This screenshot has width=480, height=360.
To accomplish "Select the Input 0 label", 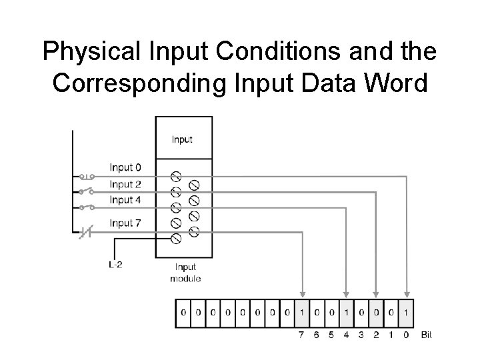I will [x=125, y=167].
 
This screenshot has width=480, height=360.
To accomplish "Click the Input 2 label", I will [x=125, y=184].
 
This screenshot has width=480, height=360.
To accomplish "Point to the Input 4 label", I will [x=125, y=200].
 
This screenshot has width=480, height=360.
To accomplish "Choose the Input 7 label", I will [x=125, y=223].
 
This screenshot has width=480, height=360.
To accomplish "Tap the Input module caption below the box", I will [x=185, y=273].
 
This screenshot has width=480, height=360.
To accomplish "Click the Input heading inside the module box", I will [x=182, y=139].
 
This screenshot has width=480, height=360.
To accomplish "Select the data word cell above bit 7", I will [x=303, y=312].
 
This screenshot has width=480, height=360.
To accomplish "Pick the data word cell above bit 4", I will [x=346, y=312].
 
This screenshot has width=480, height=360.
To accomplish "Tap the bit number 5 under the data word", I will [x=331, y=335].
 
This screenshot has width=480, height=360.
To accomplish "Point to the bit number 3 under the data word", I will [x=361, y=335].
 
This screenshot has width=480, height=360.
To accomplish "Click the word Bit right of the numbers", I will [x=427, y=335].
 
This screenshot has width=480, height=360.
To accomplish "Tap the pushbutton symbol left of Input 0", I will [x=86, y=177].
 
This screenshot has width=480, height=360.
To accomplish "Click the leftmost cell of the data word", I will [x=183, y=312].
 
